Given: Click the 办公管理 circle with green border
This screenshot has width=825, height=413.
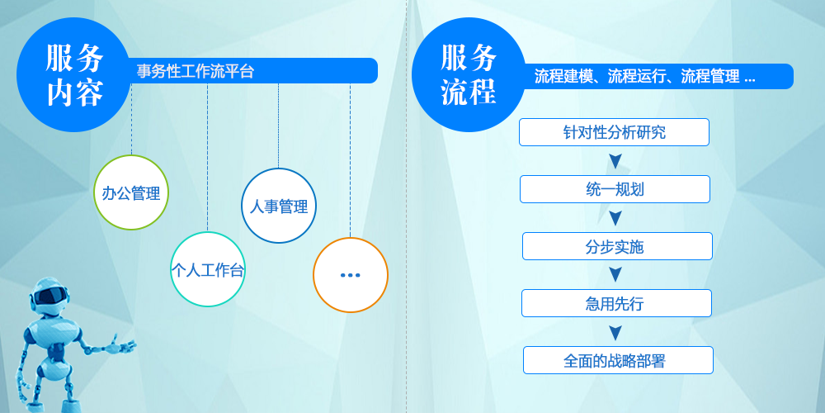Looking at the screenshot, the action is [131, 192].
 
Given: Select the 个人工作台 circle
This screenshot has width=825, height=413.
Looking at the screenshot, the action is [207, 269].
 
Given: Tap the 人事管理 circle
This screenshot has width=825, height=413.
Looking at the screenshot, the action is [279, 206].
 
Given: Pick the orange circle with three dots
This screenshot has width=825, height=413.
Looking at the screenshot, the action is [351, 275].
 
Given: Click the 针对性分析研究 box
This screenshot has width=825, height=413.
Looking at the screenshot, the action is [614, 132].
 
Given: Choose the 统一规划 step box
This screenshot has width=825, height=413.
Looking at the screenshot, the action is [615, 189].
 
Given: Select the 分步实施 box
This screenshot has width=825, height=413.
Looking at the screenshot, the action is [617, 246].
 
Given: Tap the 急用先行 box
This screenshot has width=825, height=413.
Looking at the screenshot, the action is [616, 303].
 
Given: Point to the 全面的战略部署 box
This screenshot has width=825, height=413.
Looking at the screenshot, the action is [618, 360].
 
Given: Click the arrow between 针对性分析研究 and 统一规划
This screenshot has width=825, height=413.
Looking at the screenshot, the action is [615, 160].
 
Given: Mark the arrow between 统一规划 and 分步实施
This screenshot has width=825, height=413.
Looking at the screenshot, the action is [615, 217].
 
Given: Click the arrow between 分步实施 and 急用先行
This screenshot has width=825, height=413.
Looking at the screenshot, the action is [615, 274].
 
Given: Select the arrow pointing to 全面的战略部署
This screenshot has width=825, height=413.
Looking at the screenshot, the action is [615, 331].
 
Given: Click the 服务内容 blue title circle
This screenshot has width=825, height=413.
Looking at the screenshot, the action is [74, 74].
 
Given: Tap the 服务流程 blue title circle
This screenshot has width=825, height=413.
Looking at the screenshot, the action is [469, 74].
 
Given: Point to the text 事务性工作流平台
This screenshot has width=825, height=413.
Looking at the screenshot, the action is [196, 71].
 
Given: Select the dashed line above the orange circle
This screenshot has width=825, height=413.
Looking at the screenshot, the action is [351, 160].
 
